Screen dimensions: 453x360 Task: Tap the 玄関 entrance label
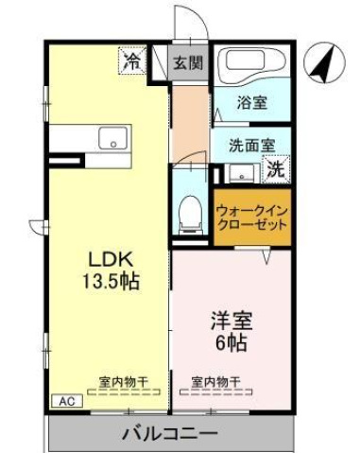tap(188, 63)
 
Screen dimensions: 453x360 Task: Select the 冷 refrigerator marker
tap(132, 62)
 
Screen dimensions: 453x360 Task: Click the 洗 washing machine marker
tap(275, 171)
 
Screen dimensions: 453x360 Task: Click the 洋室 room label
tap(230, 322)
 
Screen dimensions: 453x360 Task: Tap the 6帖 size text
tap(230, 342)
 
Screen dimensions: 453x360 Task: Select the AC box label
tap(67, 402)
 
